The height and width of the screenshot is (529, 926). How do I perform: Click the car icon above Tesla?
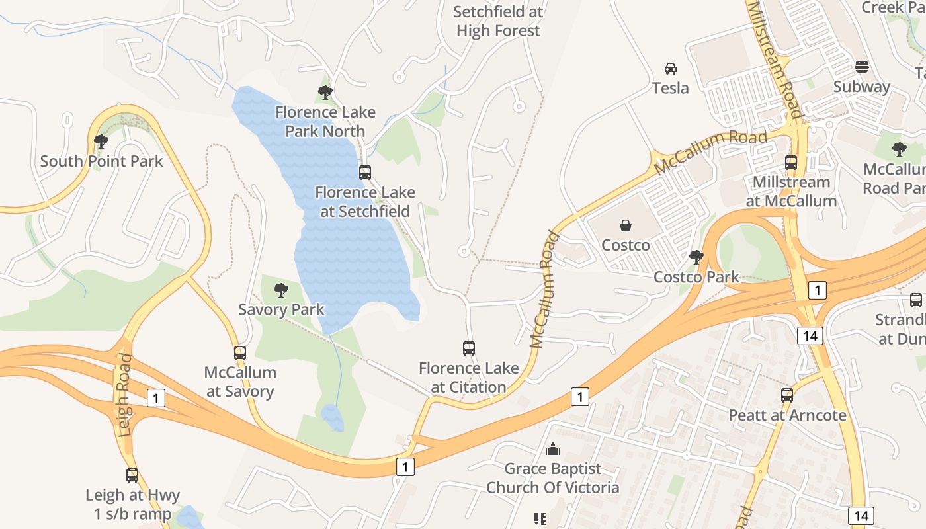[670, 69]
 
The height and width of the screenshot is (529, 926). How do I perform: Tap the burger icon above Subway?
[861, 67]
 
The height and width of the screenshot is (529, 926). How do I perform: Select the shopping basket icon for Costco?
[625, 226]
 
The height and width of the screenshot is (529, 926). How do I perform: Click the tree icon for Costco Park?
[696, 257]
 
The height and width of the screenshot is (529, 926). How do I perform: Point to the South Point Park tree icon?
[101, 142]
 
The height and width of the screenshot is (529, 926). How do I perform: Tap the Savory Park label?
[281, 309]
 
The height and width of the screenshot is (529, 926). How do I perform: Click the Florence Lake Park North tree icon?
[325, 93]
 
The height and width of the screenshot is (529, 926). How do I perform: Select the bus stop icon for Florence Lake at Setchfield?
[364, 173]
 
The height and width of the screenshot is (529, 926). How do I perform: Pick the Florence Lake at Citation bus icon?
[468, 348]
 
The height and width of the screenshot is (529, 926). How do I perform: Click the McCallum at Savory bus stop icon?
[239, 353]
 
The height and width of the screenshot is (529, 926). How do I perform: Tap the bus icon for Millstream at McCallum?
[791, 163]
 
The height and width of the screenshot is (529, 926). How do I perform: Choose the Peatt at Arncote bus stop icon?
[787, 395]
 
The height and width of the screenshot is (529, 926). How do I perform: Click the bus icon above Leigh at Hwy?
[132, 475]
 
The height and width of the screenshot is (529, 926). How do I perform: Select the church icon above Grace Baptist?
[552, 450]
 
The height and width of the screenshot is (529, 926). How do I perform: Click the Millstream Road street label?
[775, 60]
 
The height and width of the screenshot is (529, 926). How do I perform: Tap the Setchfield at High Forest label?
[498, 21]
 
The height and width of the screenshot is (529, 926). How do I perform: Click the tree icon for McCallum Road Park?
[899, 149]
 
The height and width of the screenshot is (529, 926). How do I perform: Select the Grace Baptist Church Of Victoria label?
[552, 478]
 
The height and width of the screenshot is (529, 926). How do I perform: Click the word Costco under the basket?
[625, 245]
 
